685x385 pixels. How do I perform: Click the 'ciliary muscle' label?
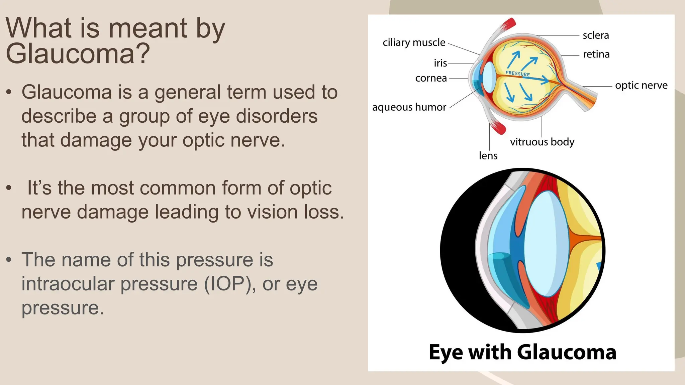pyautogui.click(x=414, y=43)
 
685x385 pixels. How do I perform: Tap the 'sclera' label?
pyautogui.click(x=596, y=35)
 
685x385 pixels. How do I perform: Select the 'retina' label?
pyautogui.click(x=596, y=54)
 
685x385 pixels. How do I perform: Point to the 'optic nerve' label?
pyautogui.click(x=641, y=86)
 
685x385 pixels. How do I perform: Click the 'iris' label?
pyautogui.click(x=440, y=63)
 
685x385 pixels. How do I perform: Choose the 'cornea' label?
pyautogui.click(x=431, y=78)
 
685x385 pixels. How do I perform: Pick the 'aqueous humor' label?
pyautogui.click(x=409, y=107)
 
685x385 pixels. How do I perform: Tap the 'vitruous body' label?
pyautogui.click(x=542, y=142)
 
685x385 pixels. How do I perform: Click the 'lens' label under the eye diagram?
pyautogui.click(x=488, y=156)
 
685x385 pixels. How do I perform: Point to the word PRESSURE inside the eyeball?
pyautogui.click(x=517, y=74)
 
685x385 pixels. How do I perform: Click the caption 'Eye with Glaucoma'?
pyautogui.click(x=522, y=352)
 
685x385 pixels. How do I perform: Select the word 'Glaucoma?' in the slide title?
pyautogui.click(x=78, y=54)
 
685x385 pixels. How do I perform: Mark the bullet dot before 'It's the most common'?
pyautogui.click(x=9, y=188)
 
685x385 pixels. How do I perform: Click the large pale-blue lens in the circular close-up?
pyautogui.click(x=546, y=244)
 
